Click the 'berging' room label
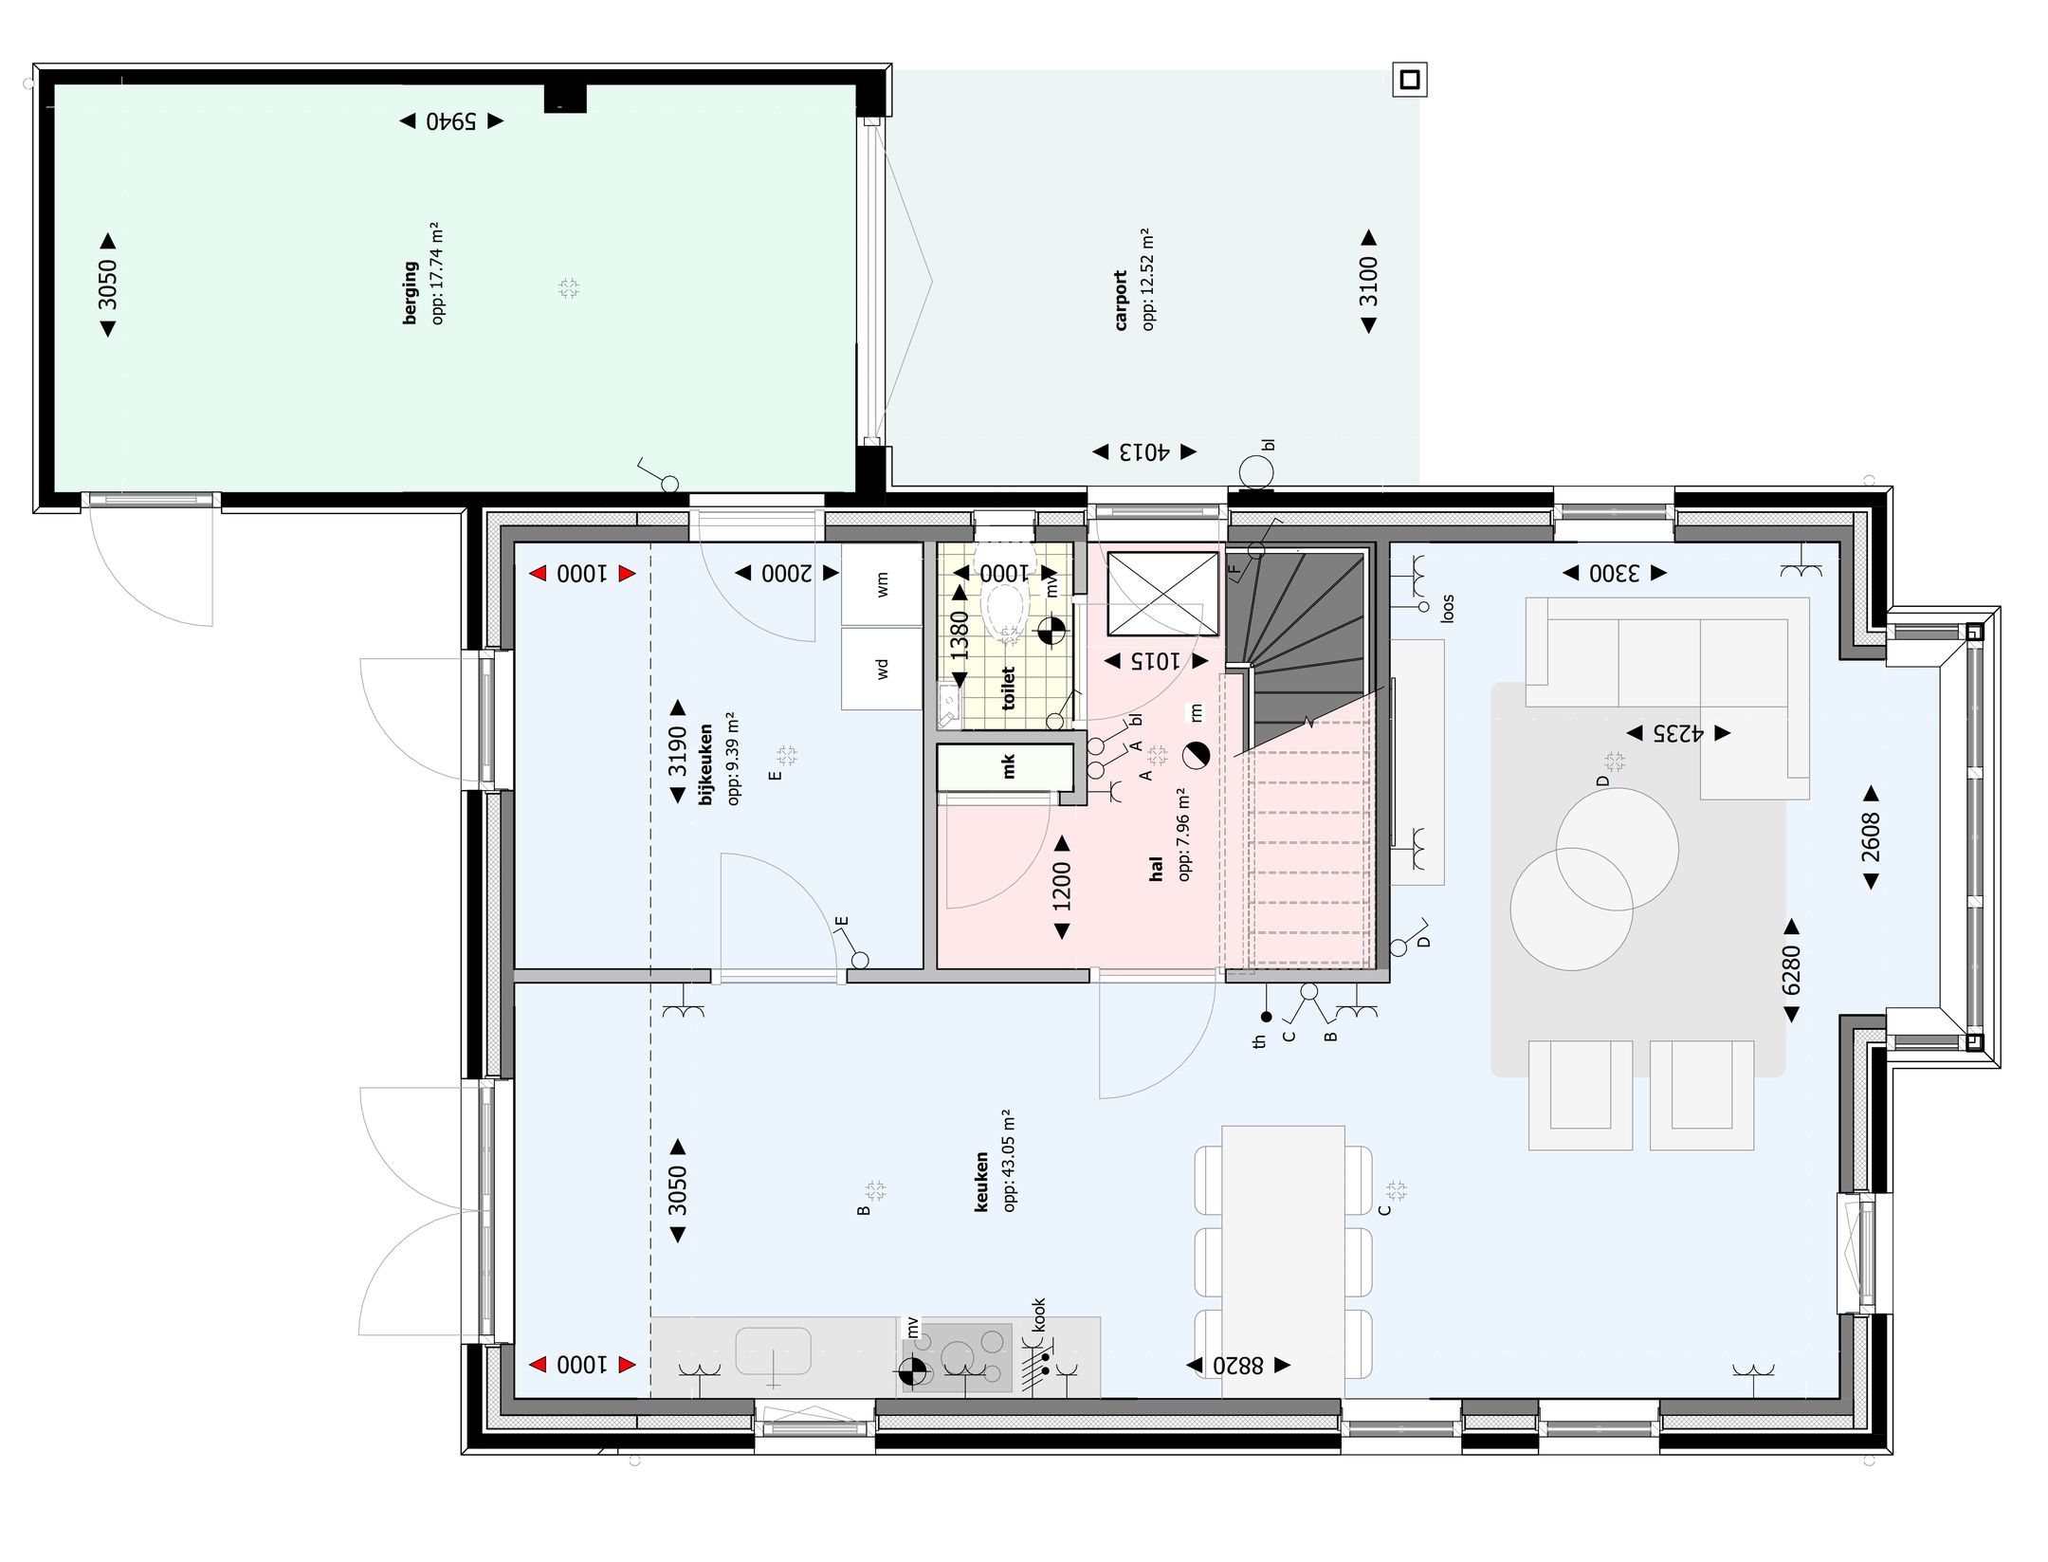coord(410,293)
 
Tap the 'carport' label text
coord(1121,301)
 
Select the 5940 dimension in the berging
coord(451,121)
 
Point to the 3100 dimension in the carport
coord(1368,282)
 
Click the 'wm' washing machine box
coord(882,583)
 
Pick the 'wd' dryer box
coord(882,669)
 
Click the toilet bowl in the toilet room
coord(1005,607)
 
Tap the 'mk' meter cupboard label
coord(1008,766)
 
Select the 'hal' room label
coord(1155,869)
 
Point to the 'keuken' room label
coord(981,1182)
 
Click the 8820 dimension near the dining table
coord(1238,1366)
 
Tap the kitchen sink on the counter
coord(773,1351)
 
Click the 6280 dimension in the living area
coord(1791,970)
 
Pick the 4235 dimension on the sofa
coord(1678,733)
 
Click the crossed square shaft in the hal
coord(1162,594)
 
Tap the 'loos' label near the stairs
coord(1447,609)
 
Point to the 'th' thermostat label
coord(1259,1041)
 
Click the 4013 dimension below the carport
coord(1144,452)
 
